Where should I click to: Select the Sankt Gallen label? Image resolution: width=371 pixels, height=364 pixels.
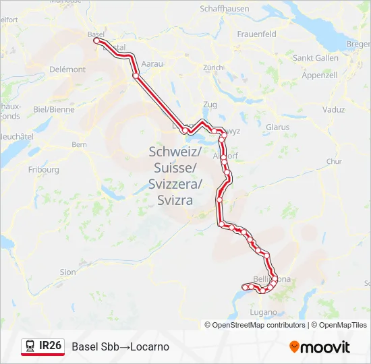(x=315, y=58)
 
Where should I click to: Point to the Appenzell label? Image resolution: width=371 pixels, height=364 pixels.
(x=320, y=75)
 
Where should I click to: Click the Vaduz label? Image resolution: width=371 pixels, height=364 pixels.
(x=333, y=109)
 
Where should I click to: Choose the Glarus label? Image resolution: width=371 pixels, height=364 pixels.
(x=277, y=127)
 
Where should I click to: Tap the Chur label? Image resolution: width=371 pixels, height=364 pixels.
(x=334, y=162)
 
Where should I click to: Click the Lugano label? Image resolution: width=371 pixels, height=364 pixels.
(x=263, y=312)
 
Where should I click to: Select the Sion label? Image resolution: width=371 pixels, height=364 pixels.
(x=68, y=272)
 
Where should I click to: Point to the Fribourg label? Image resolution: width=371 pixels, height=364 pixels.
(x=45, y=170)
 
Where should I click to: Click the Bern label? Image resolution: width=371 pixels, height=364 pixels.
(x=80, y=144)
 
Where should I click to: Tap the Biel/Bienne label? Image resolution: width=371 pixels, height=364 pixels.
(x=53, y=109)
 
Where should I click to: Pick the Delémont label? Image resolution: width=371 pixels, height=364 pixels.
(x=67, y=69)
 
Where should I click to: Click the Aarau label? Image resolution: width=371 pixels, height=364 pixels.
(x=153, y=63)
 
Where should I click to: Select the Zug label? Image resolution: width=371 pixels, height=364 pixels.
(x=210, y=105)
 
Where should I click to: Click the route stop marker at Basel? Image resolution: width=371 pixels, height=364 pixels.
(x=96, y=40)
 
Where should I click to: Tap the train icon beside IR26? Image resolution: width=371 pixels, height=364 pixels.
(x=30, y=346)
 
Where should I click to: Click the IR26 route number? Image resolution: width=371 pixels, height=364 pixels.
(x=51, y=346)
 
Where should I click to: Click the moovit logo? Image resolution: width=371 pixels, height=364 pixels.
(x=320, y=347)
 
